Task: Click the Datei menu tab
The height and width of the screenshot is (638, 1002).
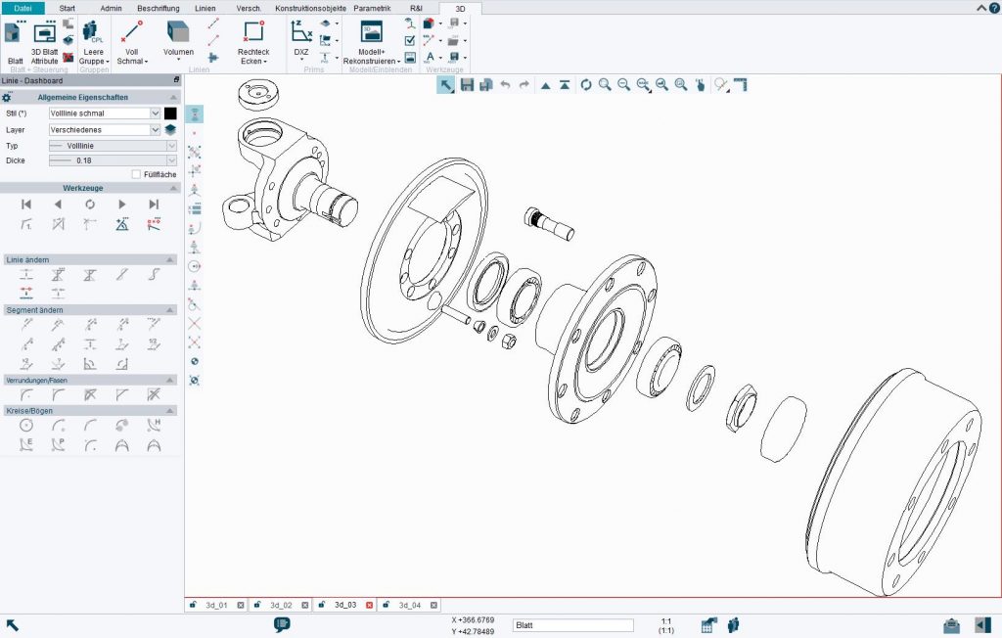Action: [x=23, y=8]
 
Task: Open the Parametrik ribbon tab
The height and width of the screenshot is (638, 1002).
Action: [x=372, y=8]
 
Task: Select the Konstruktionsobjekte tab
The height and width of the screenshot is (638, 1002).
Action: [x=310, y=8]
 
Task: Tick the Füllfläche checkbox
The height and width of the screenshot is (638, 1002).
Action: [x=136, y=174]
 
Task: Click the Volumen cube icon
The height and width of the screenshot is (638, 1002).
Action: [x=177, y=31]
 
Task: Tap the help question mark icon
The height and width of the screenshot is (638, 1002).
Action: [x=993, y=8]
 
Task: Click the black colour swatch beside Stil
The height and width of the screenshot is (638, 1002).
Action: [x=170, y=114]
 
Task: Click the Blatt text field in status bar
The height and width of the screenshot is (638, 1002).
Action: [x=572, y=625]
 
